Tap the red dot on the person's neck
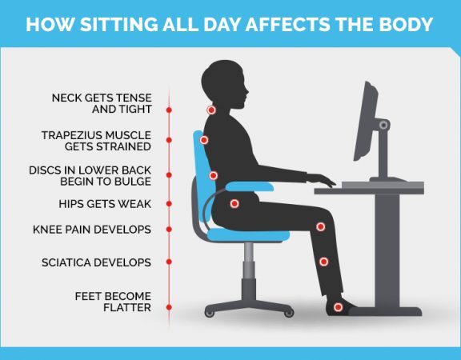pyautogui.click(x=210, y=110)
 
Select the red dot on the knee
pyautogui.click(x=320, y=227)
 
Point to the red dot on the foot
pyautogui.click(x=338, y=306)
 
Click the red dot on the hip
pyautogui.click(x=235, y=203)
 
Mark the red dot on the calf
pyautogui.click(x=323, y=261)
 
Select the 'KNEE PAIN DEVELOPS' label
pyautogui.click(x=92, y=230)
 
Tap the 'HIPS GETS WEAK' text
pyautogui.click(x=105, y=203)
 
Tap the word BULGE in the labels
pyautogui.click(x=133, y=182)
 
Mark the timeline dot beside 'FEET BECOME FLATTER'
pyautogui.click(x=169, y=306)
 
